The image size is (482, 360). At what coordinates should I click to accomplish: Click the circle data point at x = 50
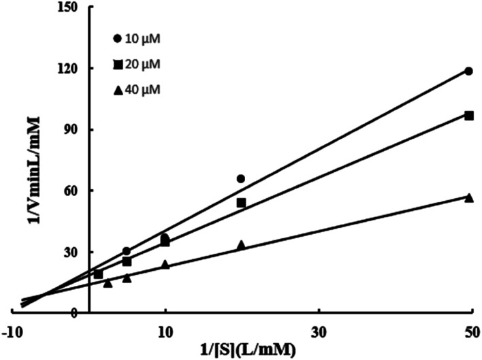pyautogui.click(x=469, y=71)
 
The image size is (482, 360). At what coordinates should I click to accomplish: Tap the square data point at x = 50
pyautogui.click(x=469, y=116)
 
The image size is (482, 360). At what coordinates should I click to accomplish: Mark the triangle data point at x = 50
pyautogui.click(x=469, y=197)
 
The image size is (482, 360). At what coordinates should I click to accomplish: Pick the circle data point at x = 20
pyautogui.click(x=240, y=178)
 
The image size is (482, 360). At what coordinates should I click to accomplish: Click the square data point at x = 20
pyautogui.click(x=241, y=203)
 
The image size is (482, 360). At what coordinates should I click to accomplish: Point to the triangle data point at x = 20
pyautogui.click(x=241, y=244)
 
